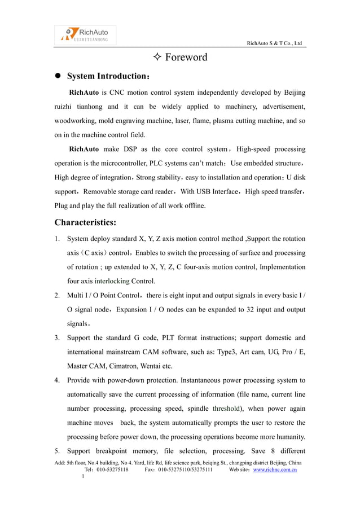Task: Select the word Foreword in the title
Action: [x=186, y=57]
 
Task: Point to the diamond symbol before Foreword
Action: [x=157, y=57]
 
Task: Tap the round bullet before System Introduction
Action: [x=58, y=76]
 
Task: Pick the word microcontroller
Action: [x=137, y=164]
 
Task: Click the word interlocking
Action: [x=112, y=280]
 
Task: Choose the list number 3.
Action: [x=58, y=338]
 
